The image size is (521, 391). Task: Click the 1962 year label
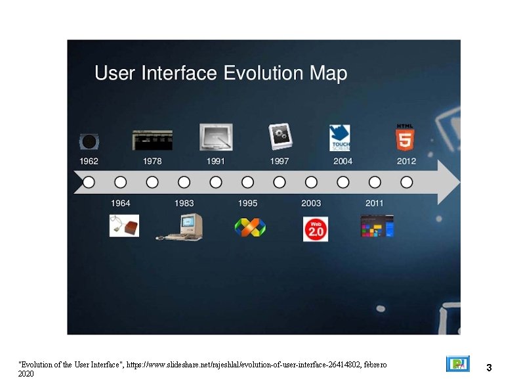[x=89, y=161]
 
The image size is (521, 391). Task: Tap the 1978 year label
[x=152, y=161]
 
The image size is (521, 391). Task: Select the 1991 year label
[x=216, y=161]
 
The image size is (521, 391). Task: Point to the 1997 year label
[x=280, y=161]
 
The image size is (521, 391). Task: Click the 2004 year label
[x=343, y=161]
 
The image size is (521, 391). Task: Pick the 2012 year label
[x=406, y=161]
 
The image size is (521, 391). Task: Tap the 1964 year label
[x=121, y=203]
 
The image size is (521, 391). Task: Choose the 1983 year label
[x=184, y=203]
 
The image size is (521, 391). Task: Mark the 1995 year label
[x=247, y=203]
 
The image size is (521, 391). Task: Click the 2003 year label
[x=311, y=203]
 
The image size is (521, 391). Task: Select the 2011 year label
[x=375, y=203]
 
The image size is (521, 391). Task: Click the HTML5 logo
[x=405, y=137]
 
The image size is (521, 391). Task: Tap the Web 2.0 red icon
[x=315, y=228]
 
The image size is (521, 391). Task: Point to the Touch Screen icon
[x=340, y=138]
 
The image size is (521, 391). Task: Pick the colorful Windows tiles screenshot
[x=377, y=226]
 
